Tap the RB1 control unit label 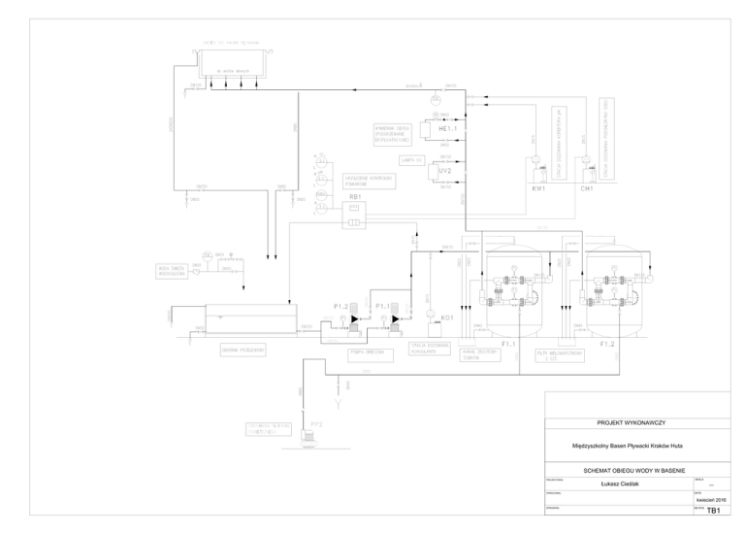coord(355,195)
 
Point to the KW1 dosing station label coord(539,188)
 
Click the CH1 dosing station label coord(587,188)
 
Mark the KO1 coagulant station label coord(447,317)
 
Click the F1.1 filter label coord(508,344)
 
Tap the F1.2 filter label coord(608,344)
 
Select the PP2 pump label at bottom coord(316,423)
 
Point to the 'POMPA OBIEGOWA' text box coord(369,353)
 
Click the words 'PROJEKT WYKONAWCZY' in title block coord(636,422)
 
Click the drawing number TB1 coord(713,510)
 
